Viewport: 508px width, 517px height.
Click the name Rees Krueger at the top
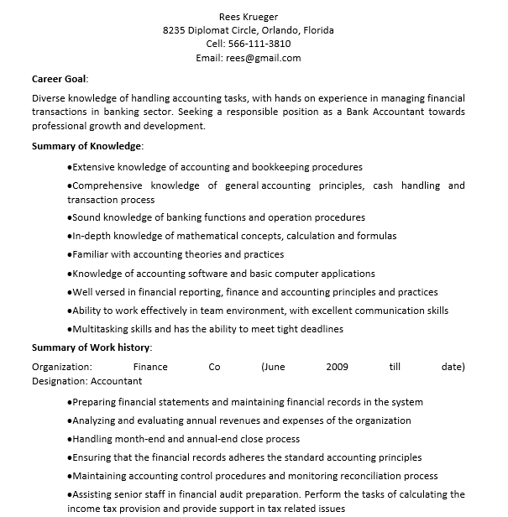(248, 16)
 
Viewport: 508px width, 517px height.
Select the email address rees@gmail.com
(263, 58)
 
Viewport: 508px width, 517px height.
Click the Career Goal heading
(60, 79)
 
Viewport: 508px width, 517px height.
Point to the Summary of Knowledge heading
(86, 146)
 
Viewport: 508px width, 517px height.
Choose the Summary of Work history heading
(92, 347)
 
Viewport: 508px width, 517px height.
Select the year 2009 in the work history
(337, 367)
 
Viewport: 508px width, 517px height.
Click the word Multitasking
(102, 329)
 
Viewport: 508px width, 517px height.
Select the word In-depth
(91, 236)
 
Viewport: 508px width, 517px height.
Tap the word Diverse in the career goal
(50, 97)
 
